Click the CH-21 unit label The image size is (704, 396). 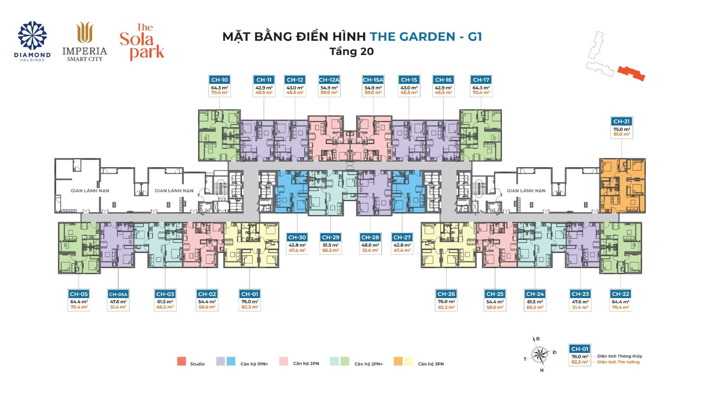621,121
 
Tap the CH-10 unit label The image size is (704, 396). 220,80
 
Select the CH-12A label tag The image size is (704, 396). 329,80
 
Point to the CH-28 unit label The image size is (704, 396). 370,238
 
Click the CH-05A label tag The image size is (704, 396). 118,294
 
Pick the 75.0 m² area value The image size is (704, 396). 621,129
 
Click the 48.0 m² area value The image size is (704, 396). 370,245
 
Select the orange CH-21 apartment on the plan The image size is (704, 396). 622,186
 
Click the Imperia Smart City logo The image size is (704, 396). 85,41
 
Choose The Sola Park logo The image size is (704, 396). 142,42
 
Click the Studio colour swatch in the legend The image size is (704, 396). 181,361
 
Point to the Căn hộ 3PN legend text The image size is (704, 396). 431,364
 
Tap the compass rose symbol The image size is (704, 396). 540,354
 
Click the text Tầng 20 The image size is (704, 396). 352,51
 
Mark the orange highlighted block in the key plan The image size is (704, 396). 631,73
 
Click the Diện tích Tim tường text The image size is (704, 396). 618,362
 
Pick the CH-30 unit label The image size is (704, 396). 297,238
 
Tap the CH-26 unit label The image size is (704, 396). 446,294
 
